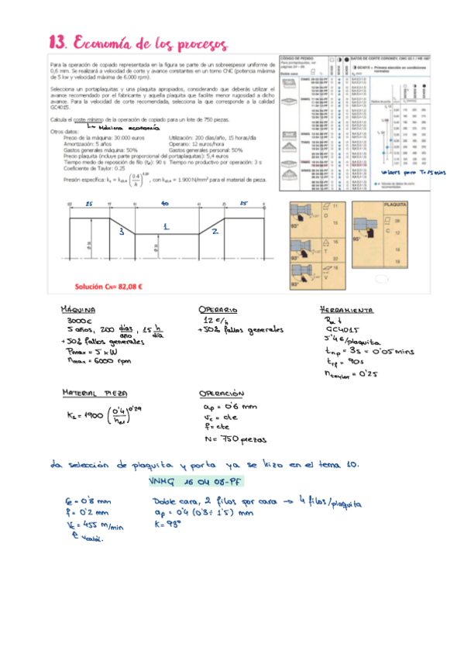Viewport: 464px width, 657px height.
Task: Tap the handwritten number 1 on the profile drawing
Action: [x=165, y=226]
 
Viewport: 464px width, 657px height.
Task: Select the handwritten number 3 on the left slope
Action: [x=121, y=232]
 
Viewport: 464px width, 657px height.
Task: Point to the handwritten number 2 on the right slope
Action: [x=215, y=231]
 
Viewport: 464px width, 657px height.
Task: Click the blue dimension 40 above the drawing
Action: [x=165, y=202]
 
